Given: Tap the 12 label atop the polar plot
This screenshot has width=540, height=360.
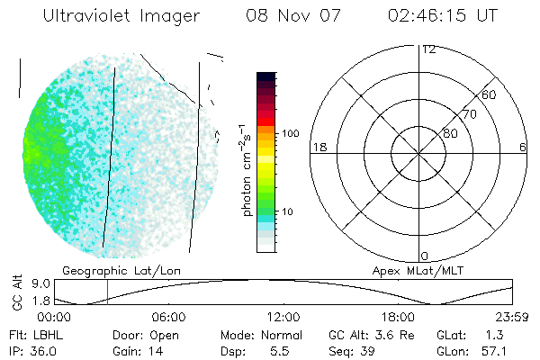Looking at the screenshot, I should pos(428,49).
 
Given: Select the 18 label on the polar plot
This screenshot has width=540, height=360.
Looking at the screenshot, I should pos(318,147).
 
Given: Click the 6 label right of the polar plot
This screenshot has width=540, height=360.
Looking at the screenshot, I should pos(523,147).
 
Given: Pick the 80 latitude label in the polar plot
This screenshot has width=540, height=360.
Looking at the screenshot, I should pos(450,133).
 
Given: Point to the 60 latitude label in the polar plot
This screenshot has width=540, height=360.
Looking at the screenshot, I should pos(490,94).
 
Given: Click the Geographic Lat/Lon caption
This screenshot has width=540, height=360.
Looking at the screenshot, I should pos(105,270).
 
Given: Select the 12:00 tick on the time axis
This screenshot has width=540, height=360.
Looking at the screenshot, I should pos(283,317).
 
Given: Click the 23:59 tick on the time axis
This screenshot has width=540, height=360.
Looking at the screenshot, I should pos(513,317).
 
